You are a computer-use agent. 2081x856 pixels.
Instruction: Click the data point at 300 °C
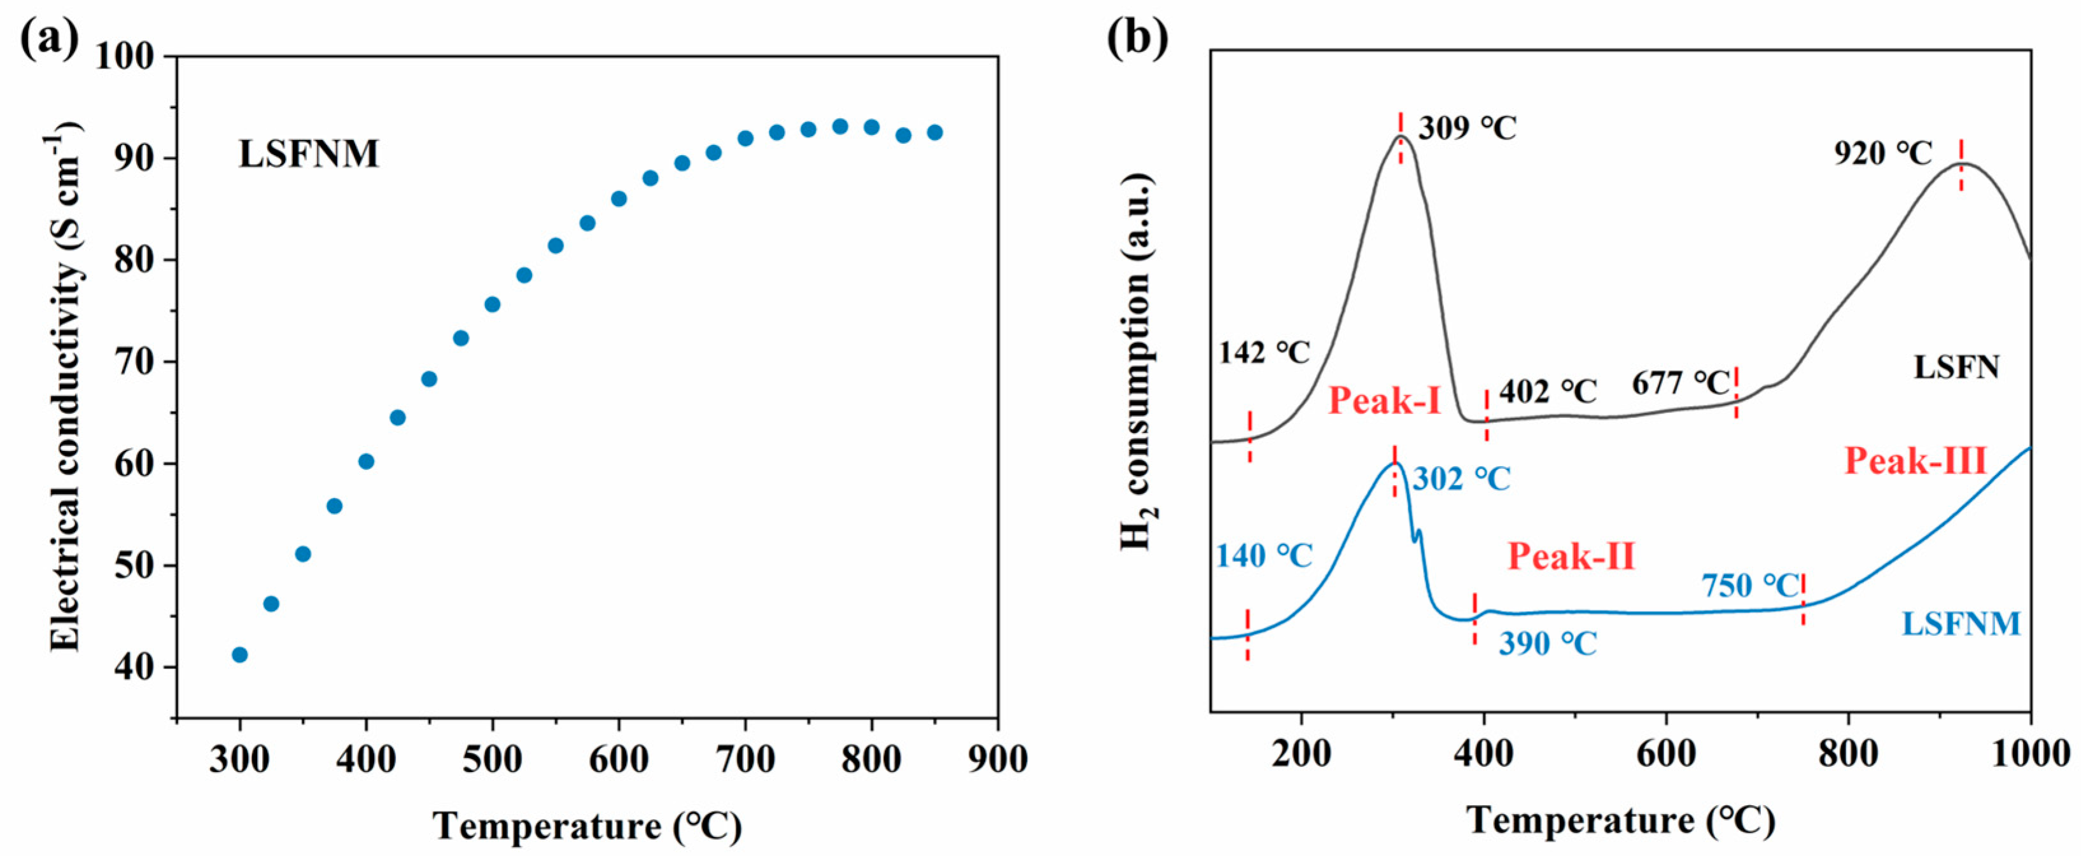click(239, 654)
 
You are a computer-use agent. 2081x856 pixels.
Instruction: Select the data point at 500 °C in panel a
click(492, 305)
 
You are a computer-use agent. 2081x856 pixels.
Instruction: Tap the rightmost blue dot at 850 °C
click(935, 132)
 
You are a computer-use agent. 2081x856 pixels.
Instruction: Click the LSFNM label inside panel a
click(308, 153)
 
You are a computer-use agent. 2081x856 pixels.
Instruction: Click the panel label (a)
click(48, 39)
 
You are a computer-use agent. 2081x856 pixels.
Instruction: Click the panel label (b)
click(1137, 39)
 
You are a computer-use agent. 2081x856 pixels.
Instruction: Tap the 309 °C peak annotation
click(1467, 128)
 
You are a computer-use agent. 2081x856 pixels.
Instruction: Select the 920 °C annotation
click(1882, 153)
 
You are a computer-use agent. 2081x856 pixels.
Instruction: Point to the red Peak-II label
click(1571, 556)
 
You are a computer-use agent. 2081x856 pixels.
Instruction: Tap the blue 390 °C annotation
click(1548, 644)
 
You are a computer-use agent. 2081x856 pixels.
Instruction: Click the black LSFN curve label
click(1955, 368)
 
